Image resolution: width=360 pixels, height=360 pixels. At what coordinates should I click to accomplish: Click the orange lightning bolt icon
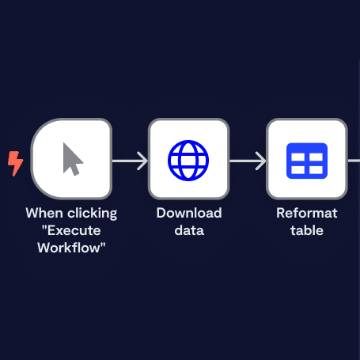[15, 164]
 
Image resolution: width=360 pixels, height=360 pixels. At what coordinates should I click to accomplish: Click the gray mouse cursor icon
[72, 160]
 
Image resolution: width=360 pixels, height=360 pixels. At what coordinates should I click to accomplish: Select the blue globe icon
[188, 161]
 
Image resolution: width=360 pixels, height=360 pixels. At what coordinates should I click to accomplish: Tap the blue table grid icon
[307, 161]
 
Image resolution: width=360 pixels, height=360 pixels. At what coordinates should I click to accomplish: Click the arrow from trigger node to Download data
[130, 161]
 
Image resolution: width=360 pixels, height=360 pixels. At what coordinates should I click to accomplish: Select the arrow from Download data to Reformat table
[248, 161]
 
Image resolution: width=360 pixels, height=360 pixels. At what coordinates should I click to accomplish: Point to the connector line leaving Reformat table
[354, 161]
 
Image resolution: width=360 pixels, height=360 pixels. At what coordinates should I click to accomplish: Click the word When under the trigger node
[44, 213]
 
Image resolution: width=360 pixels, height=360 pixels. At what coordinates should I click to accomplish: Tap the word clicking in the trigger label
[93, 214]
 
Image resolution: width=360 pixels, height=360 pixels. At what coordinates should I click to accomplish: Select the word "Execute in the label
[71, 230]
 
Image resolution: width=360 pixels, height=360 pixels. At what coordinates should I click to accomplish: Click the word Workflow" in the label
[71, 248]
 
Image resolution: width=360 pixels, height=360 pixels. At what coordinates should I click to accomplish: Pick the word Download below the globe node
[189, 213]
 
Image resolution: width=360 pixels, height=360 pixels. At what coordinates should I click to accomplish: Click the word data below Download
[189, 230]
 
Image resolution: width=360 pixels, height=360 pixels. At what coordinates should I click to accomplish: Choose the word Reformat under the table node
[307, 213]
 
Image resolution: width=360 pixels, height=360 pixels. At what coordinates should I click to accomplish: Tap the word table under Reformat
[307, 230]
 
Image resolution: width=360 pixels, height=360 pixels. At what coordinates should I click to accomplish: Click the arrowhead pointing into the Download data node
[144, 161]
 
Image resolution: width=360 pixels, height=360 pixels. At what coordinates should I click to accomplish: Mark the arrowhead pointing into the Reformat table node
[262, 161]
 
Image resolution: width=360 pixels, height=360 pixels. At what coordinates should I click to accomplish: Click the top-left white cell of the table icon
[297, 157]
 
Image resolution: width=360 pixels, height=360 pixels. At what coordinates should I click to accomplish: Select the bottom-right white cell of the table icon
[316, 170]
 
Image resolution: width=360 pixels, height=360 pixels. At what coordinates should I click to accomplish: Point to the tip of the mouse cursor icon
[64, 143]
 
